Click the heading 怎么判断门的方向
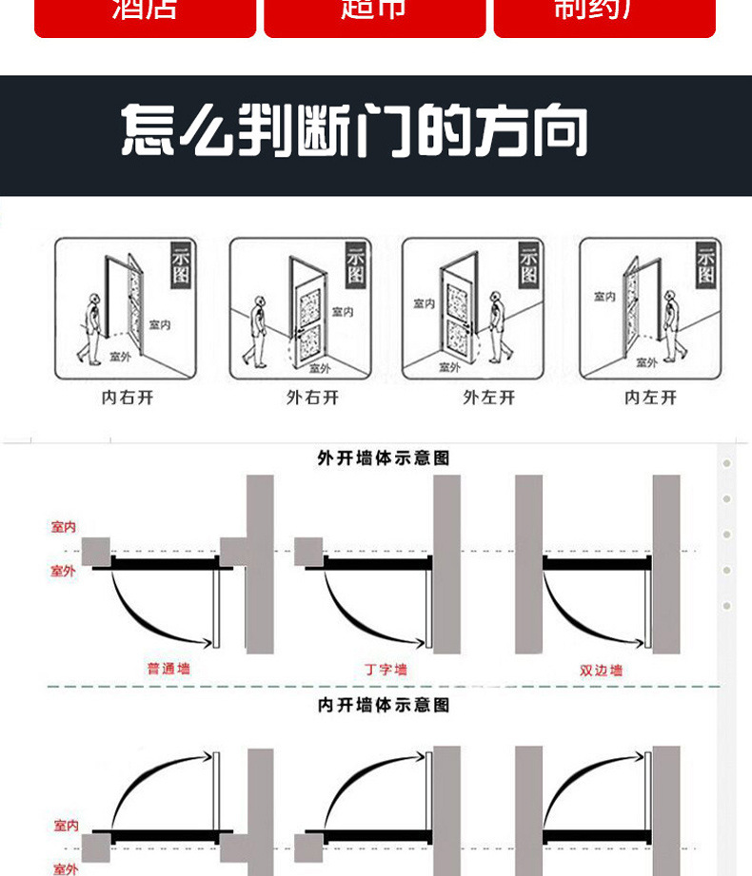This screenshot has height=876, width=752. pyautogui.click(x=354, y=132)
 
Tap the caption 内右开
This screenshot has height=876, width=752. pyautogui.click(x=128, y=398)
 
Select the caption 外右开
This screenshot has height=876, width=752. pyautogui.click(x=312, y=398)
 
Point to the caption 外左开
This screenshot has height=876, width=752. pyautogui.click(x=488, y=398)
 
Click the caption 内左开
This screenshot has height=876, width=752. pyautogui.click(x=650, y=398)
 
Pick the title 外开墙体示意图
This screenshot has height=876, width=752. pyautogui.click(x=383, y=458)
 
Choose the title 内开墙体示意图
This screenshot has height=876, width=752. pyautogui.click(x=383, y=705)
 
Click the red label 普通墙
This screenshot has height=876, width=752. pyautogui.click(x=168, y=669)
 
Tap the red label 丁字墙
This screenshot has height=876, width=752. pyautogui.click(x=386, y=670)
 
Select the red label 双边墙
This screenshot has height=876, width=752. pyautogui.click(x=601, y=670)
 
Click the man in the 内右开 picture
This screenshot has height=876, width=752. pyautogui.click(x=90, y=328)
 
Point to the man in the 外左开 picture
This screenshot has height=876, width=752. pyautogui.click(x=498, y=325)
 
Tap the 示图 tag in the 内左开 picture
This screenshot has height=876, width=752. pyautogui.click(x=705, y=265)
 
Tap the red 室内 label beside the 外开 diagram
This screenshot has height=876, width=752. pyautogui.click(x=64, y=527)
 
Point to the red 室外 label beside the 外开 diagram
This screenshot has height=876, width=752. pyautogui.click(x=63, y=571)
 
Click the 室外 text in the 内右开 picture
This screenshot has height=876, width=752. pyautogui.click(x=121, y=357)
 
